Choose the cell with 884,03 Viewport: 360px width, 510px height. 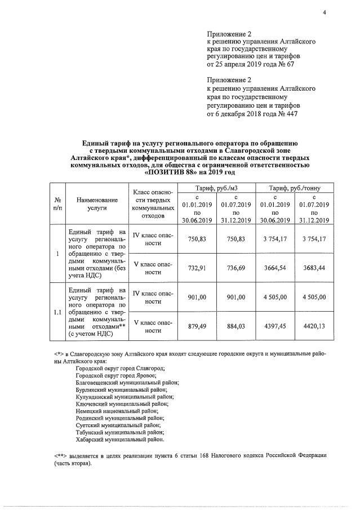click(235, 326)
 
